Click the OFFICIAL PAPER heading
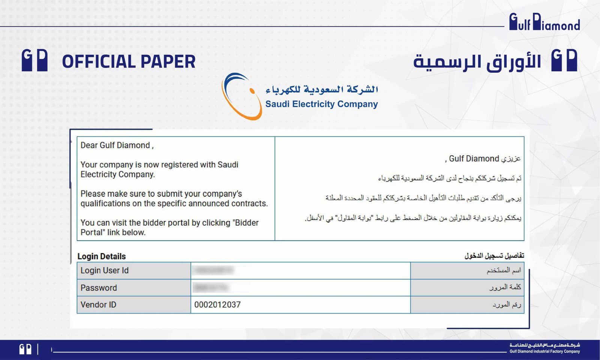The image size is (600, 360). pyautogui.click(x=129, y=62)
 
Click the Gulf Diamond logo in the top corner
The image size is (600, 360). pyautogui.click(x=544, y=22)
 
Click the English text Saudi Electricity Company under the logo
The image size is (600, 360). pyautogui.click(x=321, y=104)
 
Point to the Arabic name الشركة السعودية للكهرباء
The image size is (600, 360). pyautogui.click(x=321, y=89)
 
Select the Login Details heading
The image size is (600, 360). pyautogui.click(x=102, y=256)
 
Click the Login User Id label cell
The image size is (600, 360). pyautogui.click(x=105, y=271)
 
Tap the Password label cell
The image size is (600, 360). pyautogui.click(x=99, y=288)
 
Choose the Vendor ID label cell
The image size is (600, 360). pyautogui.click(x=98, y=305)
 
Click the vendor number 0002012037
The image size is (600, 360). pyautogui.click(x=217, y=305)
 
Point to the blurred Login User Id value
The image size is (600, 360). pyautogui.click(x=214, y=270)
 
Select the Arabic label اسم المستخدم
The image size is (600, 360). pyautogui.click(x=504, y=270)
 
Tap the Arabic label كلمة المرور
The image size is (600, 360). pyautogui.click(x=505, y=287)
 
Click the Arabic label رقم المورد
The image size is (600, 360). pyautogui.click(x=507, y=305)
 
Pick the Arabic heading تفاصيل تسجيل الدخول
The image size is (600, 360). pyautogui.click(x=494, y=256)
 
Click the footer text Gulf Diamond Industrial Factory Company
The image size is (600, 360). pyautogui.click(x=544, y=351)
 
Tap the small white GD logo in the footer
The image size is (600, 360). pyautogui.click(x=25, y=349)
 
